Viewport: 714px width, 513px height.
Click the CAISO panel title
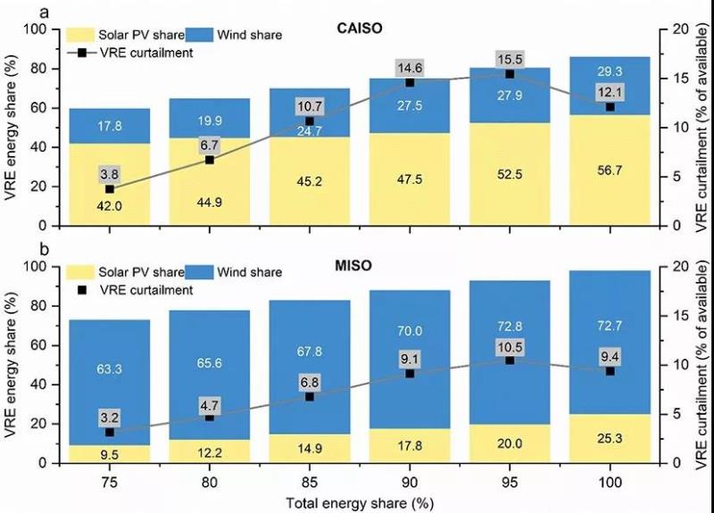pos(361,28)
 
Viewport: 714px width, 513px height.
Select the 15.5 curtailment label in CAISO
pos(510,60)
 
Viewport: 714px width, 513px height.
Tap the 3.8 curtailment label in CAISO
pos(109,173)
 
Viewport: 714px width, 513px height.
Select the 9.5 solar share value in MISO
pos(109,453)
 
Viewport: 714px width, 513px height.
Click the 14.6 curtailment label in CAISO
pos(410,68)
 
